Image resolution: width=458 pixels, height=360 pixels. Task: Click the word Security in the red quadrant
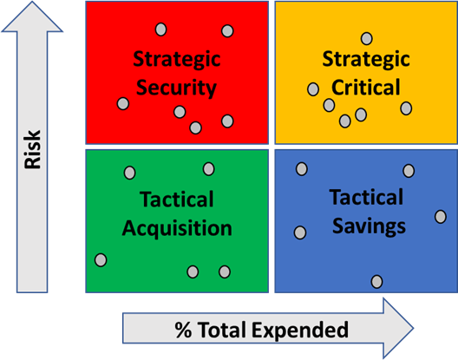[176, 88]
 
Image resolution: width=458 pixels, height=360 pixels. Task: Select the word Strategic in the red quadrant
[177, 59]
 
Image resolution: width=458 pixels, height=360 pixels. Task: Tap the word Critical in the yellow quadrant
[366, 87]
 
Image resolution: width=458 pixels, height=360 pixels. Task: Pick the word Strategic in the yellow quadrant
[366, 59]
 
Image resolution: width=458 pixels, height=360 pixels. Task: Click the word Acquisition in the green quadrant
[177, 228]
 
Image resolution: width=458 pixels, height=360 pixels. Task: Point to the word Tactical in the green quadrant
[177, 200]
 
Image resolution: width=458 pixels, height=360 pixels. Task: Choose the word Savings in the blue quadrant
[370, 226]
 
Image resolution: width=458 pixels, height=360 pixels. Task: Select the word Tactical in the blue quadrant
[367, 197]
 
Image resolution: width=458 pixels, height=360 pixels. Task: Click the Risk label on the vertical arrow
[32, 149]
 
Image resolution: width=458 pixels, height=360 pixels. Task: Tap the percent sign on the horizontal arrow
[183, 330]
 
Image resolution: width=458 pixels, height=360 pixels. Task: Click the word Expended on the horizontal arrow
[300, 330]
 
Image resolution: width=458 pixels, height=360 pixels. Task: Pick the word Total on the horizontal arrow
[222, 330]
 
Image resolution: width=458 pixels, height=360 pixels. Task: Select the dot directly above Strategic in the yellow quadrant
[367, 38]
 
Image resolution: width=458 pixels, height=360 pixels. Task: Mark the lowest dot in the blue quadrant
[376, 282]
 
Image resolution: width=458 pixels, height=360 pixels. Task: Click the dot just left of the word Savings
[300, 232]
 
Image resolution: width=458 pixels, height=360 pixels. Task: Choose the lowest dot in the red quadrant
[195, 128]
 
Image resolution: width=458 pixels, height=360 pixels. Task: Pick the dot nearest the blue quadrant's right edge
[441, 217]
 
